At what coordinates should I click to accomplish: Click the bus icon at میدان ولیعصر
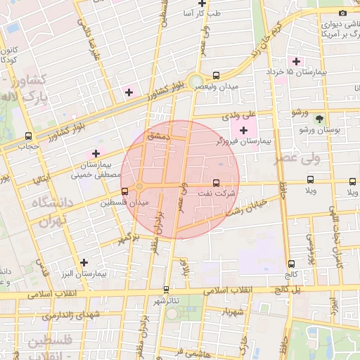click(x=216, y=75)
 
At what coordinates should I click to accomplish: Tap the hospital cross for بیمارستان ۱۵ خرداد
click(x=297, y=60)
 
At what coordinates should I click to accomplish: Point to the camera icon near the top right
click(x=343, y=13)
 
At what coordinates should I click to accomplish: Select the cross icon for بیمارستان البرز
click(x=84, y=262)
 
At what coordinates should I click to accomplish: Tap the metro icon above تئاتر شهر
click(x=167, y=289)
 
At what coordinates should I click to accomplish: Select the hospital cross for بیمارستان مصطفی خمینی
click(x=96, y=153)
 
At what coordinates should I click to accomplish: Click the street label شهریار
click(x=231, y=311)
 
